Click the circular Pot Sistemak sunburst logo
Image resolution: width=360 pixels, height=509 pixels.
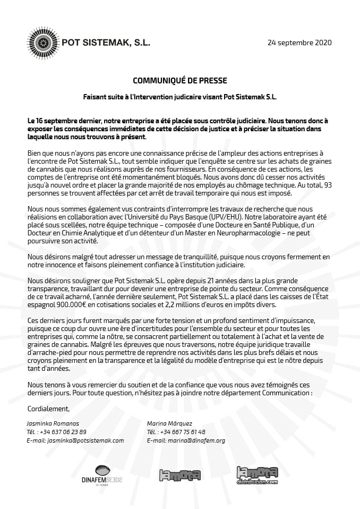tap(42, 42)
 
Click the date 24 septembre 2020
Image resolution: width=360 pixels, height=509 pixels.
tap(299, 43)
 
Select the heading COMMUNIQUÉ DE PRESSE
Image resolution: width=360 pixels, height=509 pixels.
tap(179, 81)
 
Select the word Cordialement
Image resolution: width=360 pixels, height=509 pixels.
tap(48, 409)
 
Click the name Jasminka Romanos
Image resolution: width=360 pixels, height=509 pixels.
tap(52, 423)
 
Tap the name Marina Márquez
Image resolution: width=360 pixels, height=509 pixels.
tap(168, 423)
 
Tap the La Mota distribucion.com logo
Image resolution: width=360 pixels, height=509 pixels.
tap(258, 475)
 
